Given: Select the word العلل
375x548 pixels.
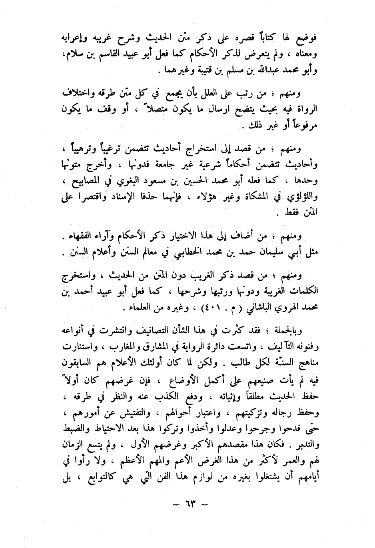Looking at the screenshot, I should (x=222, y=95).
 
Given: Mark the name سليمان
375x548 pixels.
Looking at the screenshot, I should (x=275, y=253).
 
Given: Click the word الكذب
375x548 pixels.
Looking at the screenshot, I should (x=165, y=394).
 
